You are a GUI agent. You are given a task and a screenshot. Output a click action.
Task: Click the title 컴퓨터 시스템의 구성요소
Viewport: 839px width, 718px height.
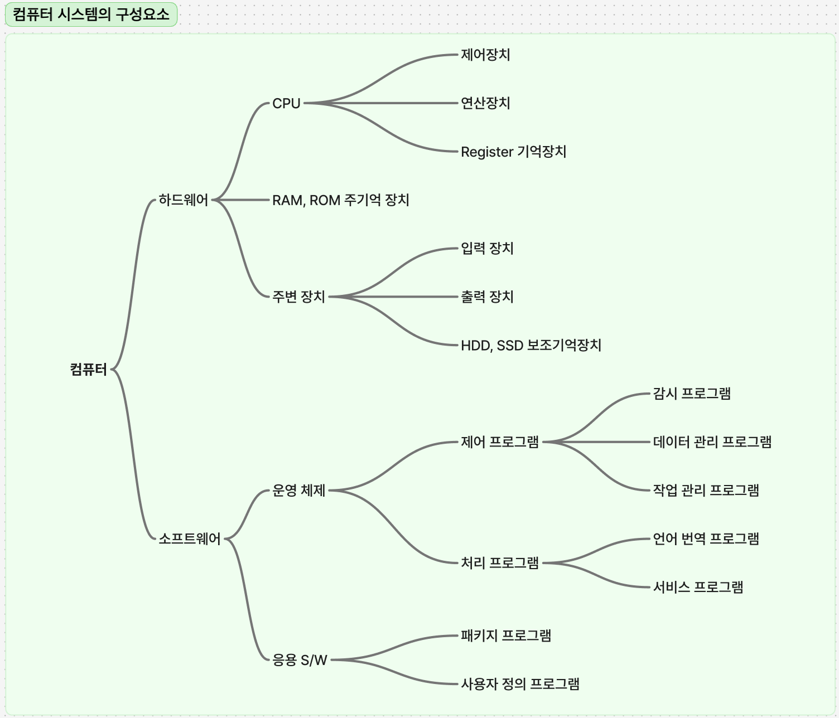pyautogui.click(x=91, y=14)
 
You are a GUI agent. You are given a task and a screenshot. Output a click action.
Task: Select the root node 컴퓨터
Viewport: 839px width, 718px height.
pyautogui.click(x=88, y=369)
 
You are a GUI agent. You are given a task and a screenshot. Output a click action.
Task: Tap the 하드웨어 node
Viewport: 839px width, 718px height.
pyautogui.click(x=183, y=200)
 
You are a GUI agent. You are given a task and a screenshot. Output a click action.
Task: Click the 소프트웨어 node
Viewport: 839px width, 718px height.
pyautogui.click(x=190, y=538)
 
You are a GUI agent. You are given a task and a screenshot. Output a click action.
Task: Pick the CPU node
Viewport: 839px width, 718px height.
pyautogui.click(x=286, y=103)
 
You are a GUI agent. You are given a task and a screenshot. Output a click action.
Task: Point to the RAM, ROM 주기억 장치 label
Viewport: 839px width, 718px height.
pyautogui.click(x=340, y=200)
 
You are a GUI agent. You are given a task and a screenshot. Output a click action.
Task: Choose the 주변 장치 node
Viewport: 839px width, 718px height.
pyautogui.click(x=298, y=297)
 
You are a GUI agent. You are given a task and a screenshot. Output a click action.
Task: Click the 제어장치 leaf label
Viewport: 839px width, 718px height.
pyautogui.click(x=485, y=55)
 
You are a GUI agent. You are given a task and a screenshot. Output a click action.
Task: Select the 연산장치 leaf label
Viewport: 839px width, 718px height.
pyautogui.click(x=485, y=103)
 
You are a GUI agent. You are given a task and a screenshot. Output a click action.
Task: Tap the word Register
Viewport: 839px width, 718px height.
pyautogui.click(x=486, y=152)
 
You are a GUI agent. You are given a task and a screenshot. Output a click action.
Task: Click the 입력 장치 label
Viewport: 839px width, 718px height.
pyautogui.click(x=487, y=248)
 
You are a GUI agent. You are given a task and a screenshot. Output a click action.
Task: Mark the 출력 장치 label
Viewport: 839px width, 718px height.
pyautogui.click(x=487, y=297)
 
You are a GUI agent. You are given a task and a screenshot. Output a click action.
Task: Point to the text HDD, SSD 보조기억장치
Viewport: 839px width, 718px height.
pyautogui.click(x=531, y=345)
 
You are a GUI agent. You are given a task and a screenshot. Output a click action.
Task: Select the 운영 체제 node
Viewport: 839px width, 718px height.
pyautogui.click(x=298, y=490)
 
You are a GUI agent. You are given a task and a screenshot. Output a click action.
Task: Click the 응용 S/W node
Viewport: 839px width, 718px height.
pyautogui.click(x=300, y=660)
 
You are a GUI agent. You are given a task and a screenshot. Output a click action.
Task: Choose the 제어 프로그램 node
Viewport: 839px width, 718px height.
pyautogui.click(x=499, y=442)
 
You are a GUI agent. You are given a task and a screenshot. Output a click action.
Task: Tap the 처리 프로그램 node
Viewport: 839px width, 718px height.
pyautogui.click(x=499, y=563)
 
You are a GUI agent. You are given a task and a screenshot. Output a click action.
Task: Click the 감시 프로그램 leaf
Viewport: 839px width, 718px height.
pyautogui.click(x=692, y=394)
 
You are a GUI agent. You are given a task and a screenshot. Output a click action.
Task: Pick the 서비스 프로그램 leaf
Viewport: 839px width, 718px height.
pyautogui.click(x=698, y=587)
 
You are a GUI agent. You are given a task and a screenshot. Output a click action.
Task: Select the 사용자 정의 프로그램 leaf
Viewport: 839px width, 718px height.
pyautogui.click(x=520, y=684)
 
